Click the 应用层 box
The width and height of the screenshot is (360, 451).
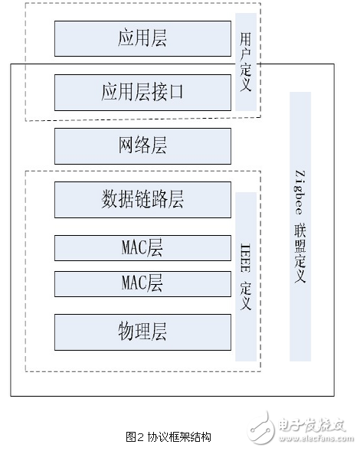(142, 38)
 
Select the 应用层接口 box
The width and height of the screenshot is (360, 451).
(142, 93)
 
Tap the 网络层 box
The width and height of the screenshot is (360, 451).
(142, 146)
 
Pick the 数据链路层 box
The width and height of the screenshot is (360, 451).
(142, 200)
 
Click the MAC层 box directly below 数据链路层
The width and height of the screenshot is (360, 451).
(142, 248)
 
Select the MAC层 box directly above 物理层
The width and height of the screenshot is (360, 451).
(142, 283)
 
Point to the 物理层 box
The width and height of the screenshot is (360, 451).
(142, 332)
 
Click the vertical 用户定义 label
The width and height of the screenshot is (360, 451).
(245, 61)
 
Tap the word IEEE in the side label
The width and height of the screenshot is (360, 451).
(245, 253)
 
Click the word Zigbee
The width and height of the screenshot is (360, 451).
(299, 191)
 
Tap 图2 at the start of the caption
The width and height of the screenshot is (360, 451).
(135, 437)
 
